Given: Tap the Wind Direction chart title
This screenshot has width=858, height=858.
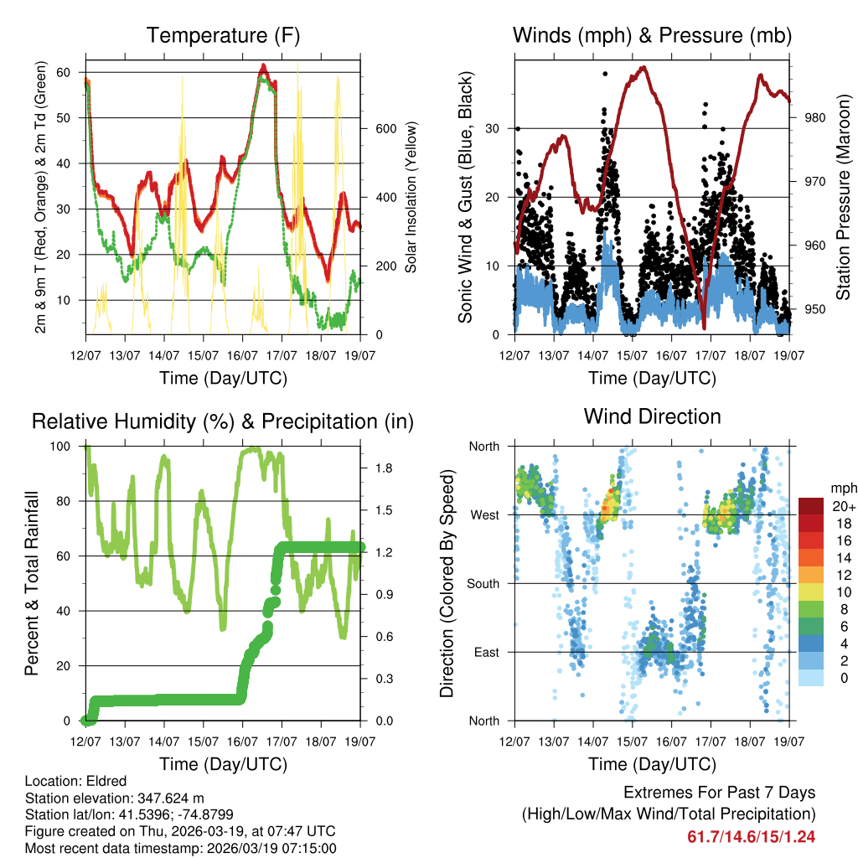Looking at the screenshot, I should tap(652, 416).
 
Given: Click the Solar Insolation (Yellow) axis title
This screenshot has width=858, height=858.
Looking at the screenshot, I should tap(411, 197).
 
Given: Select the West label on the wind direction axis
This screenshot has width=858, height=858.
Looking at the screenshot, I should tap(484, 514).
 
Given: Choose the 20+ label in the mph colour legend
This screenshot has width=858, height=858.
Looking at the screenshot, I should tap(844, 506).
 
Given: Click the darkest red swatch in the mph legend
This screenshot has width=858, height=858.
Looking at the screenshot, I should tap(810, 506).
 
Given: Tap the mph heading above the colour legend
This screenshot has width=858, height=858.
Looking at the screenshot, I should tap(843, 488).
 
